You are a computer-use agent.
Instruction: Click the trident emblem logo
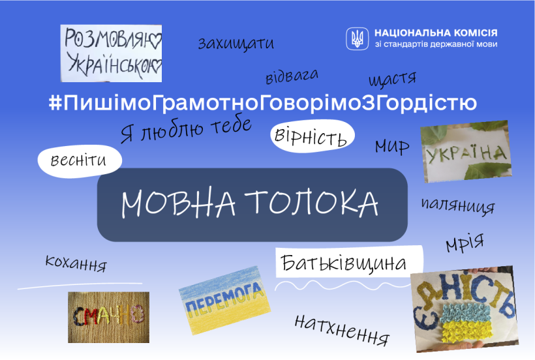pyautogui.click(x=358, y=38)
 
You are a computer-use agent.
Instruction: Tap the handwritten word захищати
pyautogui.click(x=236, y=43)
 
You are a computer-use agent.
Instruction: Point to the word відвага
pyautogui.click(x=292, y=76)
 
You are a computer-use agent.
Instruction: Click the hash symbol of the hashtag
pyautogui.click(x=55, y=102)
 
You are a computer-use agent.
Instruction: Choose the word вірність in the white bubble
pyautogui.click(x=311, y=136)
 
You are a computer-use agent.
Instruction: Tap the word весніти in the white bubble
pyautogui.click(x=78, y=160)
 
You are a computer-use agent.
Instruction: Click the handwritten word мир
pyautogui.click(x=392, y=147)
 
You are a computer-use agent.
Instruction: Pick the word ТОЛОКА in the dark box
pyautogui.click(x=311, y=203)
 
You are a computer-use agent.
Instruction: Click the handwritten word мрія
pyautogui.click(x=465, y=243)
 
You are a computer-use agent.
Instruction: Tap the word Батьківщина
pyautogui.click(x=344, y=263)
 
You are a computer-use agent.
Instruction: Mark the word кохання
pyautogui.click(x=76, y=263)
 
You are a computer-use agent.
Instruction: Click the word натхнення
pyautogui.click(x=342, y=329)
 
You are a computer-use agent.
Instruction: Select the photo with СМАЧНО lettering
pyautogui.click(x=108, y=317)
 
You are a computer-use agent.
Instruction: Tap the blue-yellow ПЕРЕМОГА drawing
pyautogui.click(x=224, y=300)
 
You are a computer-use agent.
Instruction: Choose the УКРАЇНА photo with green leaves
pyautogui.click(x=466, y=151)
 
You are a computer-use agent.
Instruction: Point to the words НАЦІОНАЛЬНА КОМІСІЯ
pyautogui.click(x=436, y=33)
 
